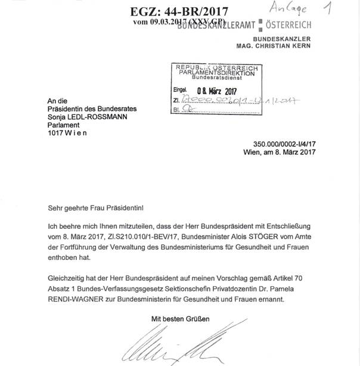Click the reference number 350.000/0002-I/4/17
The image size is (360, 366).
pos(284,144)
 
